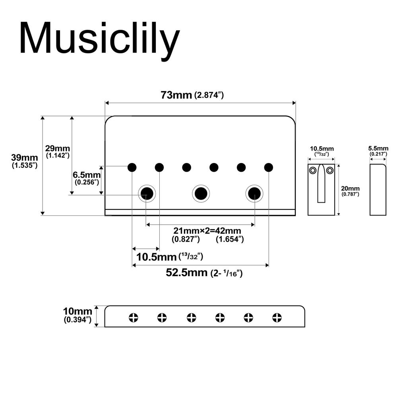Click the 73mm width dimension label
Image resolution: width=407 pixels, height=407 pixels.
pos(176,95)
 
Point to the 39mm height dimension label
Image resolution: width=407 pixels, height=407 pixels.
pos(25,158)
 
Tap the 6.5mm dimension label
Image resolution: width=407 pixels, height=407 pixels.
pos(87,175)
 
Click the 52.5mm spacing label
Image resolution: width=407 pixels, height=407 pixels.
pos(186,273)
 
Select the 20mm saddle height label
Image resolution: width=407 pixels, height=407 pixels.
pos(351,188)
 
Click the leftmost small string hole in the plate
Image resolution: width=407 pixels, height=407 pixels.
pos(132,167)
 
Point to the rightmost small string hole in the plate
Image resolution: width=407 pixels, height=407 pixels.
pos(269,167)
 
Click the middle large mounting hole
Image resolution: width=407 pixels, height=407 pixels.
pos(201,194)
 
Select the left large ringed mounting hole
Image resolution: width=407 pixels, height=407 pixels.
pos(147,193)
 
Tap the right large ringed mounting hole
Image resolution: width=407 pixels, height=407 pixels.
pos(254,193)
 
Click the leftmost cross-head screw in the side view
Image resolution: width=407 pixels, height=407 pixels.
pos(134,317)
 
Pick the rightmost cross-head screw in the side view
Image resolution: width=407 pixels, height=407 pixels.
pos(277,317)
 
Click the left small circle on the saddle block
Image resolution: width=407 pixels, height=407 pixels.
pos(313,171)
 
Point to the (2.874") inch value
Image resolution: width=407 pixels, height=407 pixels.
pos(210,96)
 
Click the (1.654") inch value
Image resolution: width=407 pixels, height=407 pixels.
pos(230,239)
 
